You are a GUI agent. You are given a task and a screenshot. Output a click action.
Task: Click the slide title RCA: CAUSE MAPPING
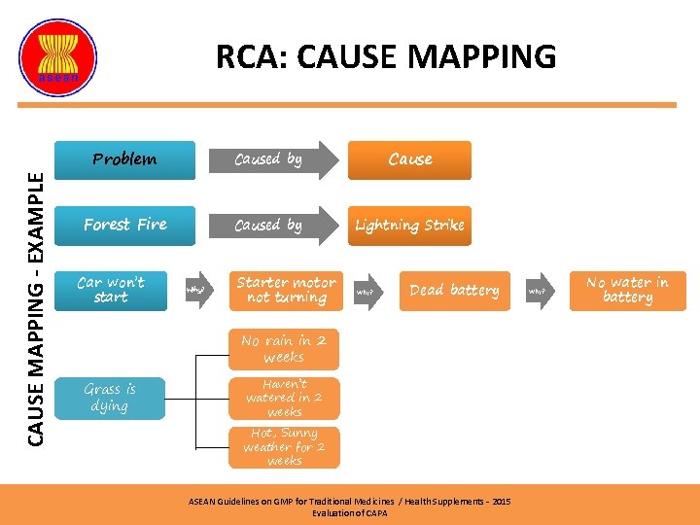(x=386, y=56)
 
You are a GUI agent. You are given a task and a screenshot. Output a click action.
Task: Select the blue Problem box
(x=123, y=160)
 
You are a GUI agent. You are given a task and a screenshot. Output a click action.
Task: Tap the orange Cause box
(x=409, y=160)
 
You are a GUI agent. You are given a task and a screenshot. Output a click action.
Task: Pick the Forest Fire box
(x=124, y=226)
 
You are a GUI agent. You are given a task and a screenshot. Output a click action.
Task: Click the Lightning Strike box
(x=409, y=226)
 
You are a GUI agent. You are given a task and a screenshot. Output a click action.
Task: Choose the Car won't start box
(x=110, y=290)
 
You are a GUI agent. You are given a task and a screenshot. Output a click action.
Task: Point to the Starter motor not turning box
(x=286, y=290)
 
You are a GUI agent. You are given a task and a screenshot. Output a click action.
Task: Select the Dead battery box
(x=454, y=290)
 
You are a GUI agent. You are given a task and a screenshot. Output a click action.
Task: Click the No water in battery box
(x=627, y=290)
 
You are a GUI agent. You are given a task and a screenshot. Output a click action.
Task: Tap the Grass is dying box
(x=110, y=397)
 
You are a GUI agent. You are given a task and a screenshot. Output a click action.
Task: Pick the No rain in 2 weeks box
(x=284, y=349)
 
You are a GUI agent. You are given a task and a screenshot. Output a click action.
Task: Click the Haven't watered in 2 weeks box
(x=284, y=398)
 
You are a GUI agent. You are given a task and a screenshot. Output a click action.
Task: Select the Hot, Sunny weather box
(x=284, y=446)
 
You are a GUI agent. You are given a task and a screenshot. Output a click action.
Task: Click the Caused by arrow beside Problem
(x=271, y=160)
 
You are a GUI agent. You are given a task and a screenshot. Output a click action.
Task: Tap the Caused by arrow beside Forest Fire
(x=271, y=226)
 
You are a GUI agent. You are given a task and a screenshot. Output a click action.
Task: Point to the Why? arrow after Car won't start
(x=196, y=290)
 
